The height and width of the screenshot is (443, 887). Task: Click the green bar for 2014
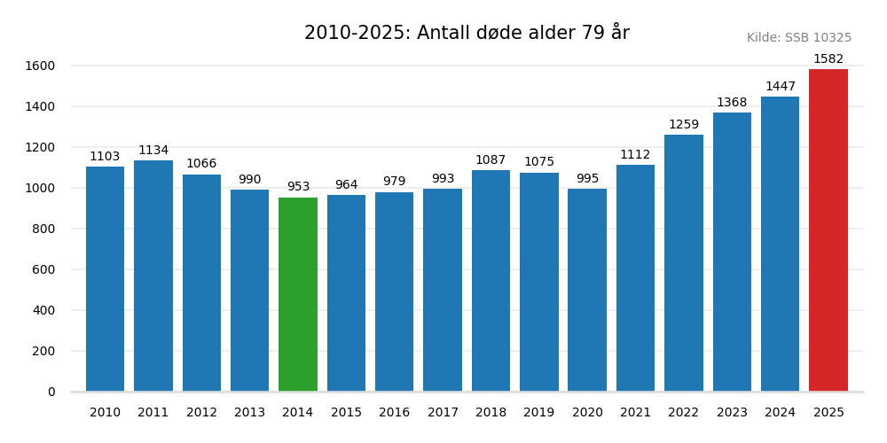(x=298, y=294)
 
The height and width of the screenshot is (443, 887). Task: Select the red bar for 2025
(x=828, y=230)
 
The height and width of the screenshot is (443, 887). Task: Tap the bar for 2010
(x=105, y=279)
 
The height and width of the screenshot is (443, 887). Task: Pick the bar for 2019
(x=539, y=282)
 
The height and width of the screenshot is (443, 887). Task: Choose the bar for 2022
(x=684, y=263)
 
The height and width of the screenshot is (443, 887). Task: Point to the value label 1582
(x=828, y=59)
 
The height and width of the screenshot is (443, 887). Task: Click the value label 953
(x=298, y=187)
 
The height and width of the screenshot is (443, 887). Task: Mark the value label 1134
(x=153, y=151)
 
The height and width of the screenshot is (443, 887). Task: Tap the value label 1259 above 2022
(x=684, y=125)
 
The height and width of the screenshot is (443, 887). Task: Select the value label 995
(x=587, y=179)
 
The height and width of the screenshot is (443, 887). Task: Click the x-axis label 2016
(x=395, y=413)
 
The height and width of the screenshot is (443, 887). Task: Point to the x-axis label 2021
(x=636, y=413)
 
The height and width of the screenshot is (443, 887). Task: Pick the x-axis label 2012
(x=201, y=413)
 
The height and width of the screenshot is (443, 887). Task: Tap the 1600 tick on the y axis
(x=40, y=66)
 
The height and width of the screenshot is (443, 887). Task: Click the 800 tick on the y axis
(x=45, y=229)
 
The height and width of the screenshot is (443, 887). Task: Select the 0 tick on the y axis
(x=51, y=392)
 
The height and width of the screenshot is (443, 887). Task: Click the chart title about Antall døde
(x=467, y=33)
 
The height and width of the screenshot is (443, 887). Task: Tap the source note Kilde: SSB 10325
(x=799, y=38)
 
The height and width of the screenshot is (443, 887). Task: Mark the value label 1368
(x=732, y=103)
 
